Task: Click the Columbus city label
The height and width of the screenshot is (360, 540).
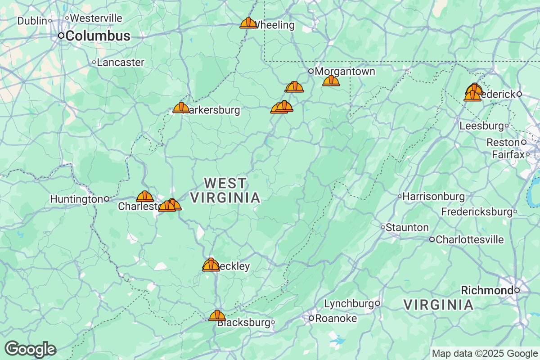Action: point(98,36)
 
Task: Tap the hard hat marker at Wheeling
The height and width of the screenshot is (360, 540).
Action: point(248,23)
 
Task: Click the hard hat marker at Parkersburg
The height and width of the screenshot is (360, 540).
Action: point(181,108)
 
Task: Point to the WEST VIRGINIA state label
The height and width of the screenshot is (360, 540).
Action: point(225,190)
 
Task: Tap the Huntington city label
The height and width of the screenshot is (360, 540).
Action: point(76,199)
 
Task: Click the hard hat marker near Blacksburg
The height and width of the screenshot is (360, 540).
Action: point(217,315)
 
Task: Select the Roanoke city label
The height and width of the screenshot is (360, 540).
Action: point(336,319)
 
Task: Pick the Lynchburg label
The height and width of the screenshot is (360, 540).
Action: point(349,304)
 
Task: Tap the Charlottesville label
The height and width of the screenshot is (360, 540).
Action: point(469,239)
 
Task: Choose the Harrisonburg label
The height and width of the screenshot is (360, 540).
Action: point(433,197)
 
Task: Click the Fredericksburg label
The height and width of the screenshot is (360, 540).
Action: point(477,211)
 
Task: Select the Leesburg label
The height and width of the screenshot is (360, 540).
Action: point(481,126)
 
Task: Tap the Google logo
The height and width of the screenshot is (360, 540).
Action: point(31,349)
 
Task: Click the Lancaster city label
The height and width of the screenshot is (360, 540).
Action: point(120,63)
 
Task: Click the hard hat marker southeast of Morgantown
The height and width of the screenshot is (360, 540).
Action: point(331,81)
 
